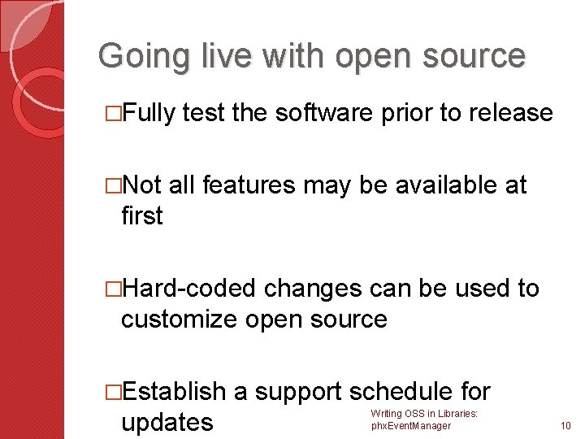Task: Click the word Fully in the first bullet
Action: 152,113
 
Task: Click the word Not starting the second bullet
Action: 145,186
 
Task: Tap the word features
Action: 252,186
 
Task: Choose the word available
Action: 442,186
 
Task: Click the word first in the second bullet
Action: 141,216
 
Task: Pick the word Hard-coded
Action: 193,289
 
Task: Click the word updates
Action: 167,422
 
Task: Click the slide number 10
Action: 566,426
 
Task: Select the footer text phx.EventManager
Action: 410,426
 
